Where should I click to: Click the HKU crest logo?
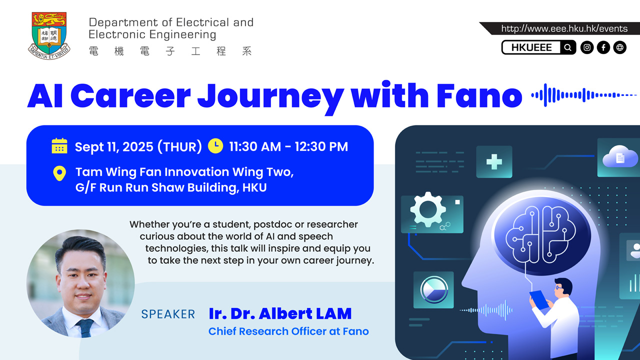pos(49,34)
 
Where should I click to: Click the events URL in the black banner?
pos(564,29)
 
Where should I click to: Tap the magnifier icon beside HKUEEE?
pos(567,47)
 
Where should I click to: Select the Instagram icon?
pos(587,47)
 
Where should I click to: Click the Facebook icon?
pos(603,47)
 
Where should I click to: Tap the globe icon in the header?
pos(620,47)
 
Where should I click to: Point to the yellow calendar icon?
pos(59,146)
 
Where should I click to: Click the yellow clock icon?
pos(215,145)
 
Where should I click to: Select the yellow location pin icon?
pos(59,173)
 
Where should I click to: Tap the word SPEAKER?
pos(168,314)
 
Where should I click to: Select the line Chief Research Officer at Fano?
pos(288,331)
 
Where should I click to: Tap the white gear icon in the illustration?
pos(428,209)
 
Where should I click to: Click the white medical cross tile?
pos(494,161)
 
